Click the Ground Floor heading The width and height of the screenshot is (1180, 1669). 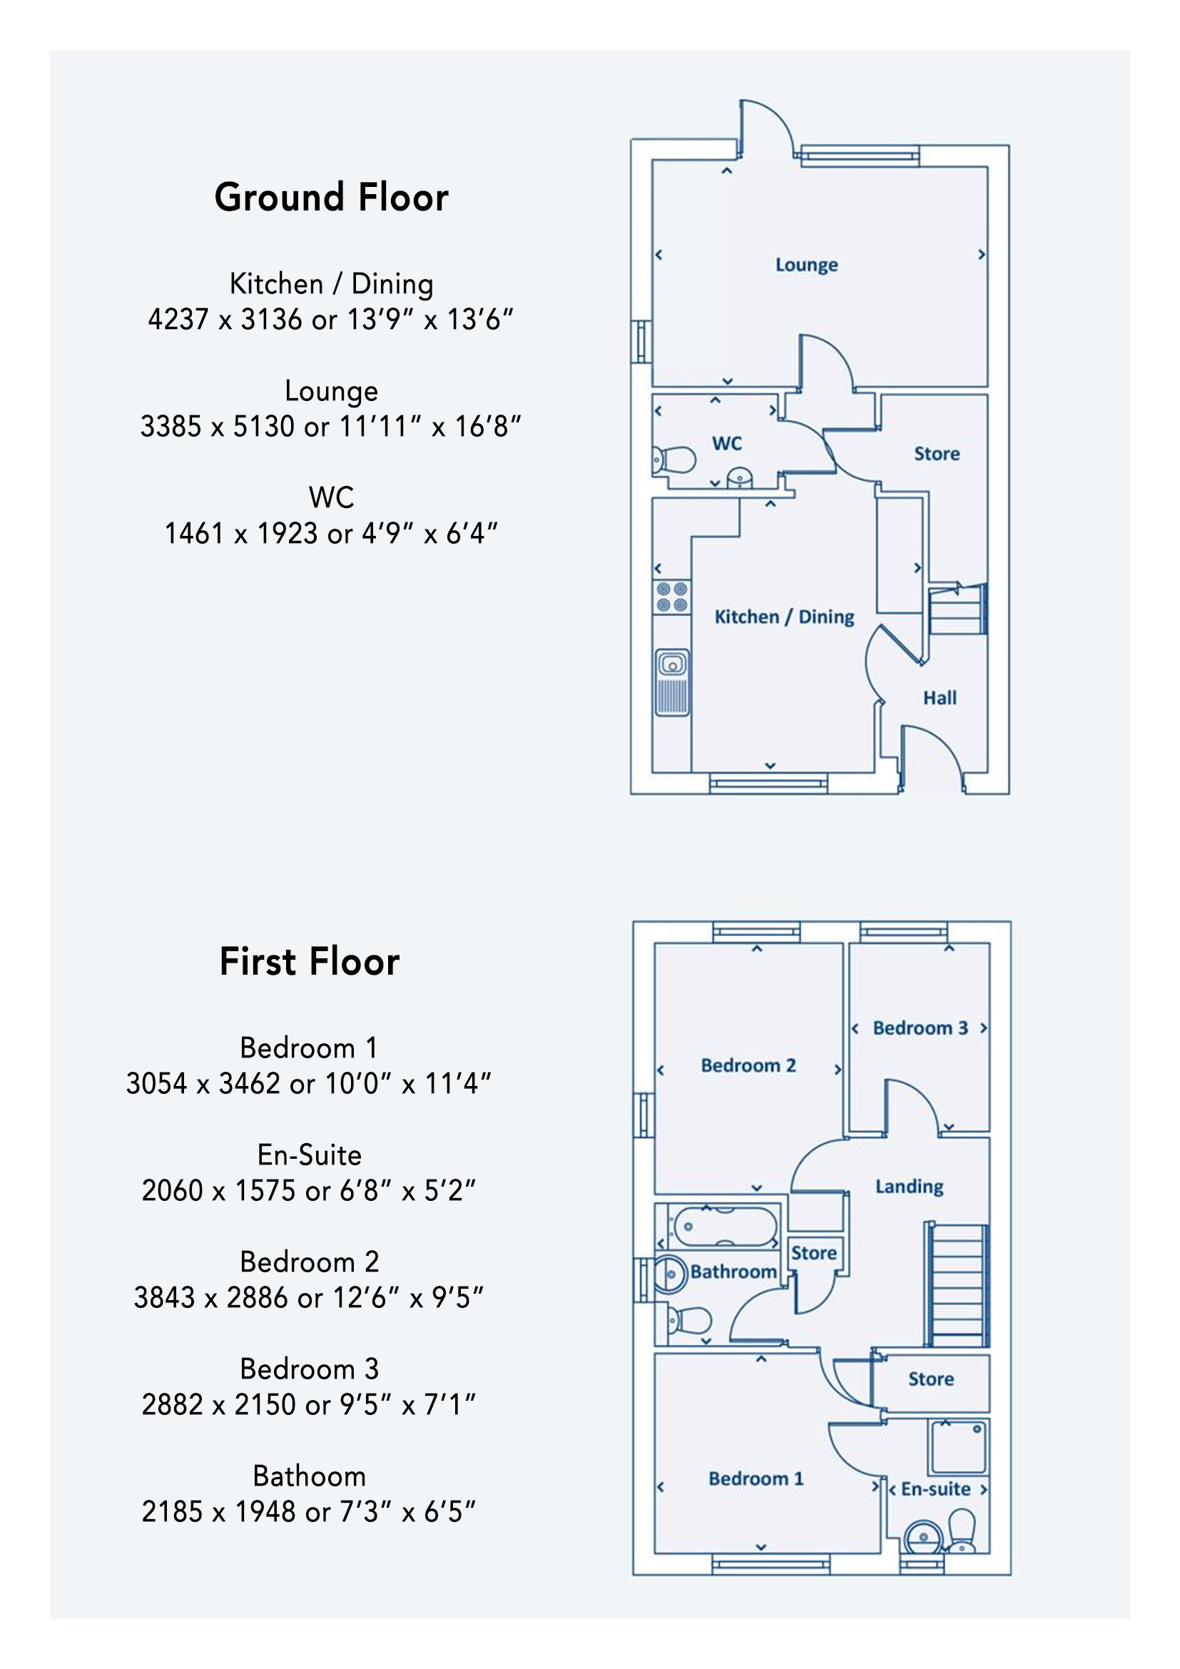(331, 198)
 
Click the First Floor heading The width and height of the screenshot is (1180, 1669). (310, 962)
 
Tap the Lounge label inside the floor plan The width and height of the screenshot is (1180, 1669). (807, 265)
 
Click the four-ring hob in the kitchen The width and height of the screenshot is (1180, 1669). (672, 597)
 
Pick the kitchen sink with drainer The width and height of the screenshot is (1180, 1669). (672, 682)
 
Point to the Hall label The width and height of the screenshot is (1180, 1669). (940, 698)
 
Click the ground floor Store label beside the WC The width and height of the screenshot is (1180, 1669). (937, 454)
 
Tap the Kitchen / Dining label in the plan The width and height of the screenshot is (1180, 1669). (784, 617)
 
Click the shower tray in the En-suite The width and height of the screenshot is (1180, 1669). (957, 1447)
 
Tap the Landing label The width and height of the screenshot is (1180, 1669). (909, 1187)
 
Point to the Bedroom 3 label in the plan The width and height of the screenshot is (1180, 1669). (920, 1028)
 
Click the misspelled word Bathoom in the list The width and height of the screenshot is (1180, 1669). (310, 1476)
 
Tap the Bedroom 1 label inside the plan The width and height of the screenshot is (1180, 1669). (756, 1478)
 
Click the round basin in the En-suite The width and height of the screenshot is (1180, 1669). (922, 1536)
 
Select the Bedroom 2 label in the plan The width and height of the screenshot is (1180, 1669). (748, 1065)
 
